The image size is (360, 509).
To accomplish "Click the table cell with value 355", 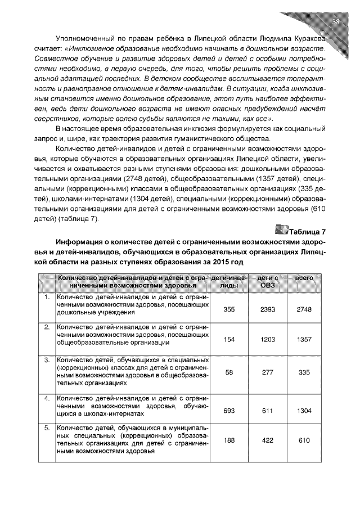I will pos(228,310).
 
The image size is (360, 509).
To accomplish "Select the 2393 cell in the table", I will pos(267,310).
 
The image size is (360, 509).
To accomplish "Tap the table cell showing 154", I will pos(228,339).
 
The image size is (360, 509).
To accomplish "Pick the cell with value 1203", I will pos(267,339).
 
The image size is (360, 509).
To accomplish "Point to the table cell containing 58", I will pos(228,372).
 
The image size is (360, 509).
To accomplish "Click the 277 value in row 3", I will pos(267,372).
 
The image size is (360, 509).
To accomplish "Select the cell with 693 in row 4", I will pos(228,411).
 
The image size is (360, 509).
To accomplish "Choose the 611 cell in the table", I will pos(267,411).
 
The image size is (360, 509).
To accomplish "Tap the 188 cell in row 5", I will pos(228,440).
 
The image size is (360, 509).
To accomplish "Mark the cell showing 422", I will pos(267,440).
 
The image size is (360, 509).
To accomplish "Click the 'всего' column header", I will pos(304,278).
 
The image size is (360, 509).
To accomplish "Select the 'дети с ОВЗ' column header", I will pos(267,282).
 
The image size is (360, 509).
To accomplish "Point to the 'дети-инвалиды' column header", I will pos(228,282).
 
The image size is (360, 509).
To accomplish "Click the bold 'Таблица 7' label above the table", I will pos(307,231).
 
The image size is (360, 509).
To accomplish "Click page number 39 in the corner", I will pos(336,22).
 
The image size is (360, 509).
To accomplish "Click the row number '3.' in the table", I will pos(47,359).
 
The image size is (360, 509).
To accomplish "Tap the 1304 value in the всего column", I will pos(304,411).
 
